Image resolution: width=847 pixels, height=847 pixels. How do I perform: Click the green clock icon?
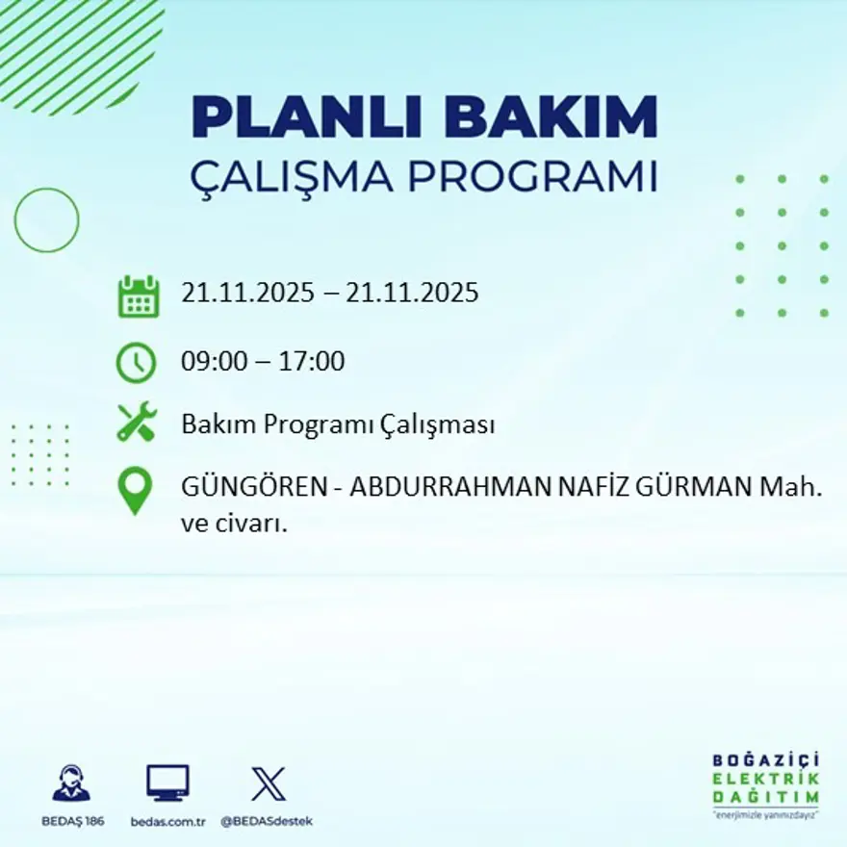click(x=136, y=363)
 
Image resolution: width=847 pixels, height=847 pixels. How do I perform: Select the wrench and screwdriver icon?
click(x=136, y=423)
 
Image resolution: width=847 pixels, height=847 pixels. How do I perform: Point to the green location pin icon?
click(x=135, y=490)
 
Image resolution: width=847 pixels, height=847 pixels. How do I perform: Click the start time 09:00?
click(x=210, y=362)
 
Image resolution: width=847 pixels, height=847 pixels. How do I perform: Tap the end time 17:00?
click(x=312, y=362)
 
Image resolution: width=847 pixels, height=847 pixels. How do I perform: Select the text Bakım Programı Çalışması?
click(x=338, y=424)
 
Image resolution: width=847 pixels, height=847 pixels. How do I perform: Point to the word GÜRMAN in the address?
click(x=694, y=488)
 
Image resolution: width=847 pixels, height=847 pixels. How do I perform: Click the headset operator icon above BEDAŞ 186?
click(x=71, y=783)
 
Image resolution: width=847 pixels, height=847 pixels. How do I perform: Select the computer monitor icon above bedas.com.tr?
click(x=167, y=783)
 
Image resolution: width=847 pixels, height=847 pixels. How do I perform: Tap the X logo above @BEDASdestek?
click(x=268, y=783)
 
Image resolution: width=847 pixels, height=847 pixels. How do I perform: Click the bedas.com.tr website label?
click(x=167, y=821)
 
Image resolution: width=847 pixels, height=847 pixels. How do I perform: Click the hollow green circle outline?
click(x=46, y=220)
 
